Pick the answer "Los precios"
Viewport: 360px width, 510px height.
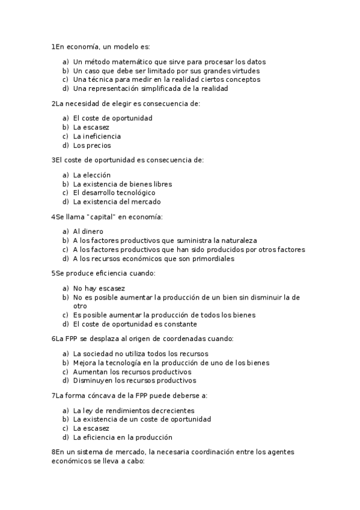[92, 146]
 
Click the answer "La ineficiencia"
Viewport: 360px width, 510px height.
[97, 137]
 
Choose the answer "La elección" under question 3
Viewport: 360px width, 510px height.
[92, 175]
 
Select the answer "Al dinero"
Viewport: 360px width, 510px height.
[88, 231]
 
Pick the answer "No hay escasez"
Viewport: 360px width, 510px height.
[99, 288]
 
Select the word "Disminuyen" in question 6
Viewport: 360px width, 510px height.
[93, 381]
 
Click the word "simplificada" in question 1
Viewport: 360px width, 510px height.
[155, 88]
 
